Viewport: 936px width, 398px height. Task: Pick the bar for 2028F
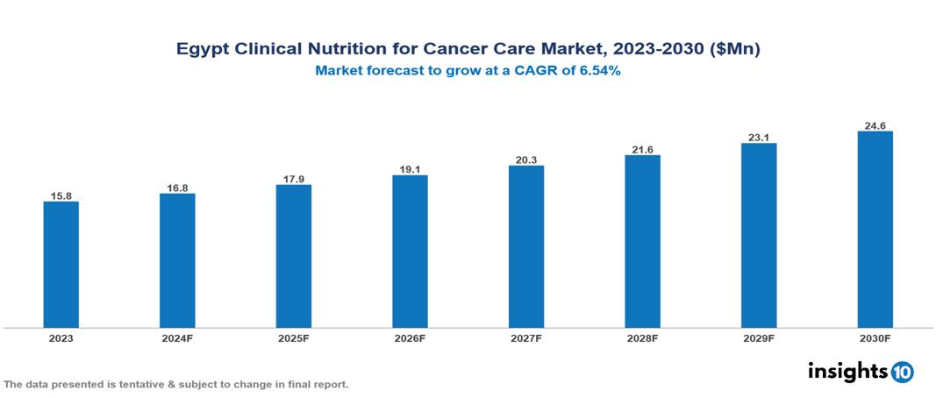pos(642,242)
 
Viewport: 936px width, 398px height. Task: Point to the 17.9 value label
pos(294,178)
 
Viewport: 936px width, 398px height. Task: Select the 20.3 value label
pos(526,159)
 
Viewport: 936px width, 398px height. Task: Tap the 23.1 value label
pos(759,137)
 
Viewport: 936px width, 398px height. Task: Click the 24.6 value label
pos(875,125)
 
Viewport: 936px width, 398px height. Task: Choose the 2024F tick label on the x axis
pos(177,338)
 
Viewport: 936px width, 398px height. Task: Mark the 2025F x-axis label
pos(294,338)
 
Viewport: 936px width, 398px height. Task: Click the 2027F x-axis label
pos(526,338)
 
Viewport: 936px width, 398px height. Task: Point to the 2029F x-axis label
pos(759,338)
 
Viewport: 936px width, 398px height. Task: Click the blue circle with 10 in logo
pos(902,372)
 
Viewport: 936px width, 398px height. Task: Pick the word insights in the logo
pos(847,371)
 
